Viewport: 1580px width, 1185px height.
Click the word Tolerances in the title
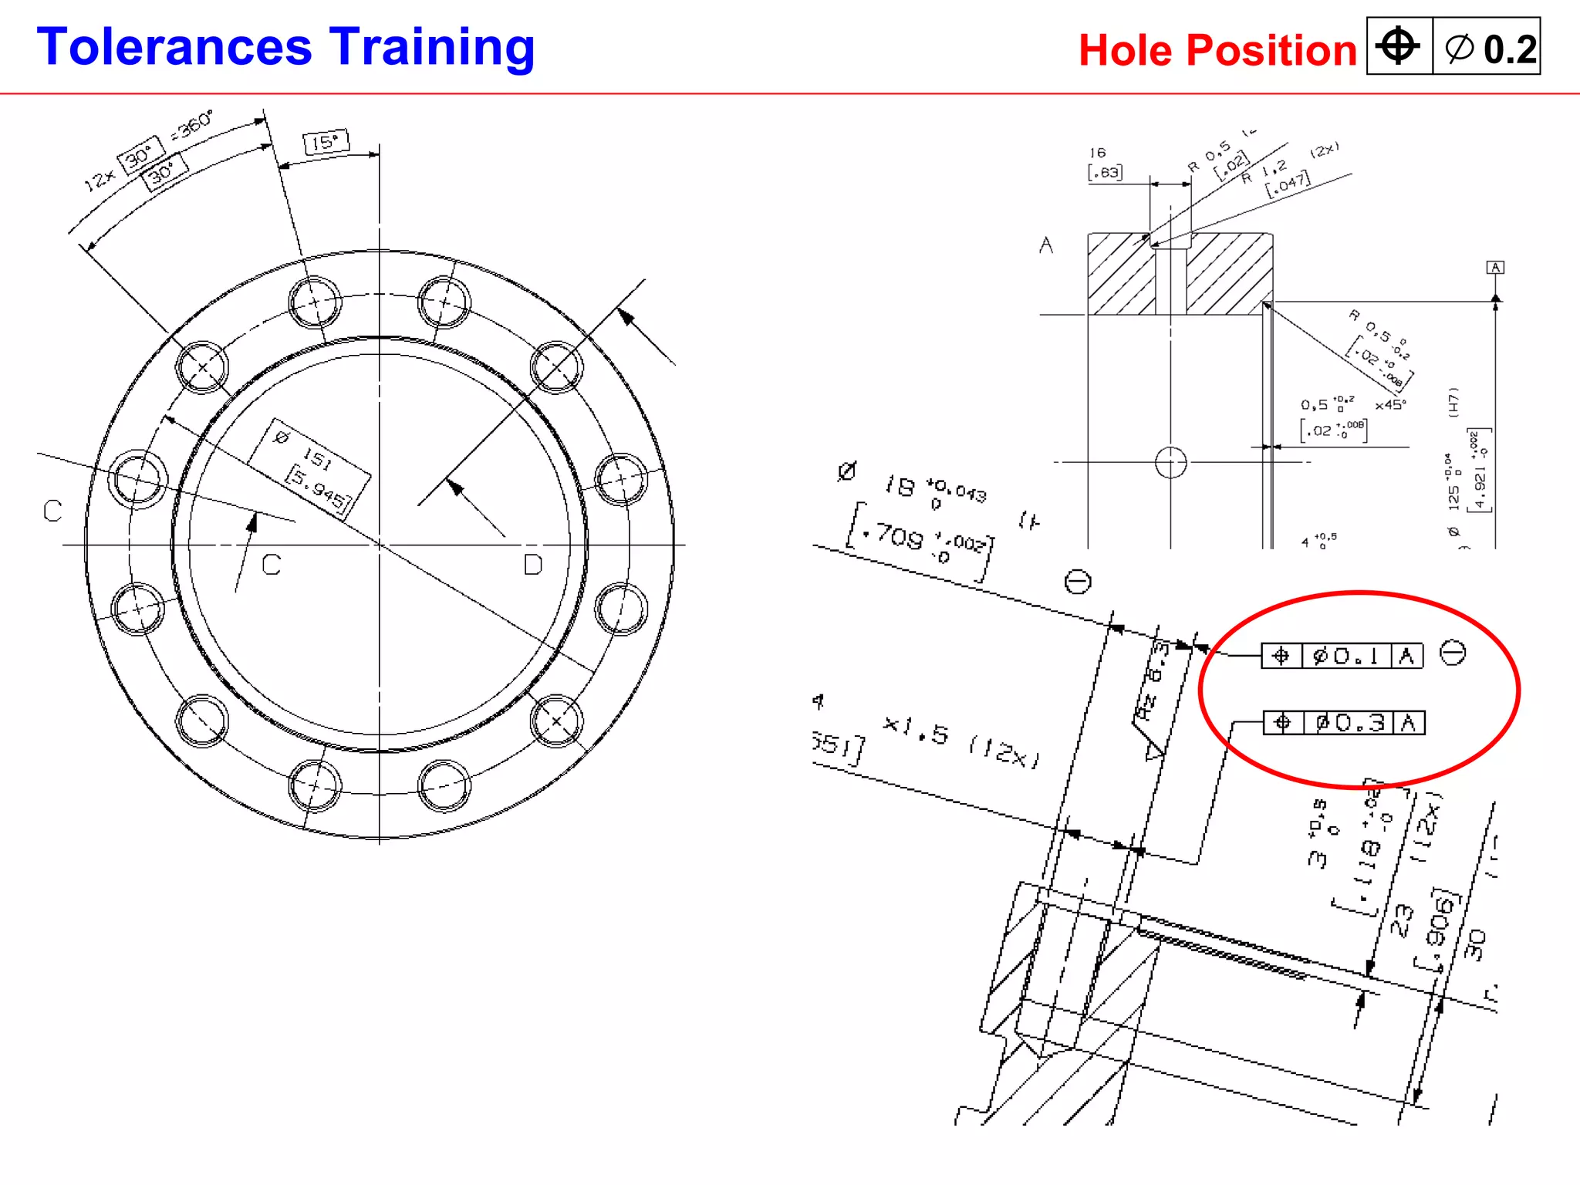pos(174,48)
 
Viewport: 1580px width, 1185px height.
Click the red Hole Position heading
pos(1217,51)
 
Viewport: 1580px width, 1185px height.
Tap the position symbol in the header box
pos(1398,46)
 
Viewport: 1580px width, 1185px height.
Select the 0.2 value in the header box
pos(1509,49)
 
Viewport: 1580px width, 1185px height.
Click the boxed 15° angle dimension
pos(326,142)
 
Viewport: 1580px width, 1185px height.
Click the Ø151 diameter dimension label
pos(309,468)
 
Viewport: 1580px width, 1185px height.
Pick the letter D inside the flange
pos(532,565)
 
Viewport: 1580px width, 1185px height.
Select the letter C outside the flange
pos(52,511)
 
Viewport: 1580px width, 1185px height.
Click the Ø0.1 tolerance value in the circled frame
pos(1346,657)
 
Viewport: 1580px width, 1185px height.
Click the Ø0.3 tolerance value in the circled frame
pos(1349,723)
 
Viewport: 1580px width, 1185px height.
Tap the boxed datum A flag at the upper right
pos(1495,268)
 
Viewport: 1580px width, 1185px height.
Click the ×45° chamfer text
pos(1390,405)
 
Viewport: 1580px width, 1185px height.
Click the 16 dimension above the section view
pos(1098,153)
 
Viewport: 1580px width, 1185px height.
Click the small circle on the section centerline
pos(1170,463)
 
